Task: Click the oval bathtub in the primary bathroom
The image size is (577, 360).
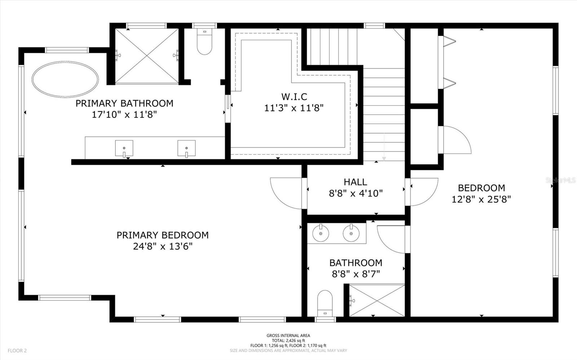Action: point(65,79)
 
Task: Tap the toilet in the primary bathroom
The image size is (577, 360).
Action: point(204,41)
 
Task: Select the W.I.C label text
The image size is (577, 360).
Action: point(294,97)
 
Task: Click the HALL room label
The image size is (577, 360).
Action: point(356,182)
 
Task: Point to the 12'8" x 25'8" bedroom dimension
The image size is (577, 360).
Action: point(481,199)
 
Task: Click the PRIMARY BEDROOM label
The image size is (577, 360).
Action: point(163,235)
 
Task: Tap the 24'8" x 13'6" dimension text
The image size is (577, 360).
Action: point(163,247)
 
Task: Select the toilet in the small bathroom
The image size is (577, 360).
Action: point(325,303)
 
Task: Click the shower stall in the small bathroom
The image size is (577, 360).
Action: point(377,300)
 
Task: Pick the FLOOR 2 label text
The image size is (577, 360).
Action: point(17,351)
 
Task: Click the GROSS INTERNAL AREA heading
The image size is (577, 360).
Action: point(288,335)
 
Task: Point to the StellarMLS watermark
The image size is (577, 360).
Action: point(560,180)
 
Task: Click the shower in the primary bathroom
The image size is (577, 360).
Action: point(147,56)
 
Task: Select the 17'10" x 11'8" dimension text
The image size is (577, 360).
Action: point(124,114)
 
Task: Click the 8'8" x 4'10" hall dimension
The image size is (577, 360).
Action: point(356,193)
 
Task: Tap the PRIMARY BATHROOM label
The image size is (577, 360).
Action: point(124,103)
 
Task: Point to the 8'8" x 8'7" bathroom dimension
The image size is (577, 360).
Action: point(356,274)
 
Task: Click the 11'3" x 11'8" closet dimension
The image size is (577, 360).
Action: point(294,108)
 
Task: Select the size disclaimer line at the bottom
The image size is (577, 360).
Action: point(288,351)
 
